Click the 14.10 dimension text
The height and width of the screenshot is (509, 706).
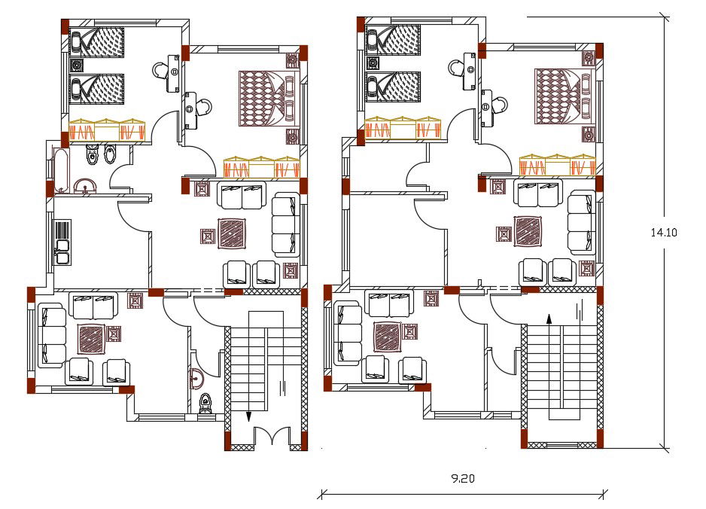(x=664, y=233)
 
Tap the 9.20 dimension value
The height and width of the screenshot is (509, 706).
(x=462, y=477)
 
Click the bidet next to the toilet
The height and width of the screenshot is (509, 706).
(x=109, y=154)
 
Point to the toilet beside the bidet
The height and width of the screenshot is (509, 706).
(x=91, y=154)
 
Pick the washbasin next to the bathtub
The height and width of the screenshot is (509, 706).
(x=84, y=185)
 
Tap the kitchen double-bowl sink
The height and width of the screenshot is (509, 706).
(x=62, y=251)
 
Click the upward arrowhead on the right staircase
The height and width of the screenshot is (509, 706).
(x=549, y=319)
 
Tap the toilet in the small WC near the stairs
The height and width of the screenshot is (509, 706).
(x=205, y=404)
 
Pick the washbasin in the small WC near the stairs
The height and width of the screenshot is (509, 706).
(x=198, y=379)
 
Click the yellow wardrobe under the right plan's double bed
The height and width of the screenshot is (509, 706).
(x=557, y=166)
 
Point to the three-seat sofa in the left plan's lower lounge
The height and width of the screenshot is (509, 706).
(x=51, y=334)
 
